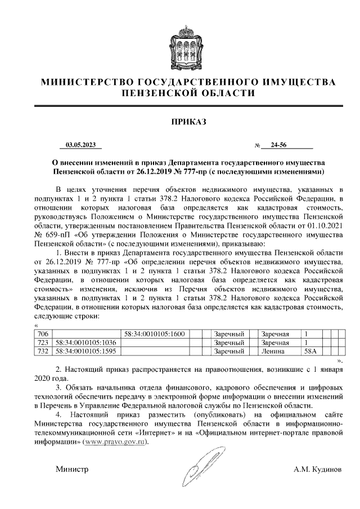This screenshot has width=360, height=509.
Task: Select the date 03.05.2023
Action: tap(81, 145)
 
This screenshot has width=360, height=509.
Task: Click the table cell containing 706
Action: tap(42, 334)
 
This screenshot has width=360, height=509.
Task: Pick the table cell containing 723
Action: tap(42, 343)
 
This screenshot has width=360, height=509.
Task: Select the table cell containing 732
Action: tap(42, 351)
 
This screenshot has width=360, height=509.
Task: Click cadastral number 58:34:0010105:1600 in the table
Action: tap(155, 334)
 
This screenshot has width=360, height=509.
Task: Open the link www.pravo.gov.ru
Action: tap(115, 442)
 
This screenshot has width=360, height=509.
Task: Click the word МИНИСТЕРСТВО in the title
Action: tap(89, 82)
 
